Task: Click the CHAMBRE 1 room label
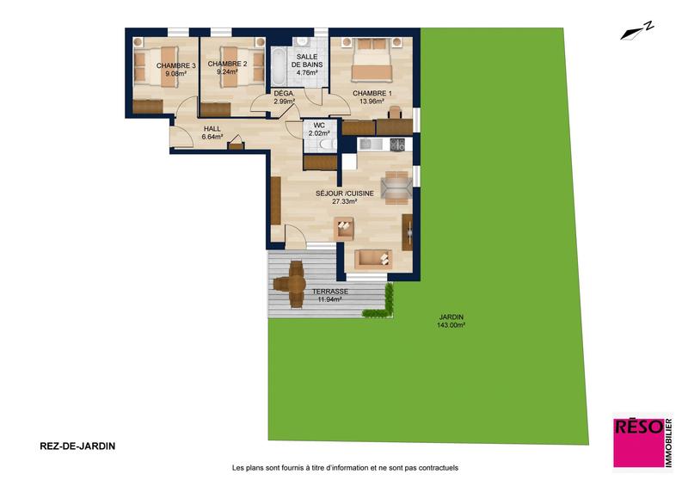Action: coord(372,93)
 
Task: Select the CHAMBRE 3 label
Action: coord(176,65)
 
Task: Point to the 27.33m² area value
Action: coord(345,201)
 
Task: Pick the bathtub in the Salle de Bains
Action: coord(280,65)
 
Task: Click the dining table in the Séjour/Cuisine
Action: coord(396,184)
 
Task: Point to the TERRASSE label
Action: coord(330,292)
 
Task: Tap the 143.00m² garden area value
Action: coord(451,325)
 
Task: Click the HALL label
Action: coord(212,129)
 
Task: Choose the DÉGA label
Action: coord(284,93)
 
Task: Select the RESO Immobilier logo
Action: coord(642,442)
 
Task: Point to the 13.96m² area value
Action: coord(372,102)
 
